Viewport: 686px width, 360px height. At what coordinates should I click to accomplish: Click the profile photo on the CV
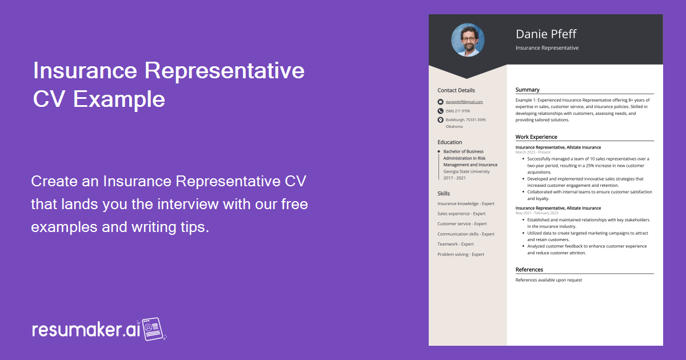click(x=468, y=40)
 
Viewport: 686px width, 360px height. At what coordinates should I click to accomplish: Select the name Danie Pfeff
click(x=546, y=34)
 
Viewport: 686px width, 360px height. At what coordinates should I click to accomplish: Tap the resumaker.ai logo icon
click(x=153, y=329)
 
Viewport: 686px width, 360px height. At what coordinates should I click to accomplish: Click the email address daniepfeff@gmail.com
click(x=464, y=102)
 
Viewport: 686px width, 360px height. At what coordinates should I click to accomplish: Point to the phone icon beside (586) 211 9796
click(x=440, y=111)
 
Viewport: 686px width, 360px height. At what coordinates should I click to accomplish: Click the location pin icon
click(x=440, y=120)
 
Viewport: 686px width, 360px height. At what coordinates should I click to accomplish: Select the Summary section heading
click(x=527, y=90)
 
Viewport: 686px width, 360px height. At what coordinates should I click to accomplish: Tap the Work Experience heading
click(x=536, y=137)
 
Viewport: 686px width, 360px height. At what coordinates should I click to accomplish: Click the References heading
click(x=529, y=270)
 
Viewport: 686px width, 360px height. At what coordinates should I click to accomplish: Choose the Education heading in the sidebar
click(x=450, y=142)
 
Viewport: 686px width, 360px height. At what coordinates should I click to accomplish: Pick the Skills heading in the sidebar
click(x=444, y=194)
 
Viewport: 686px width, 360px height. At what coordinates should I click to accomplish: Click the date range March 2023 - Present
click(x=533, y=153)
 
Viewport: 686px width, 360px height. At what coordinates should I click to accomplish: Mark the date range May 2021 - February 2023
click(x=537, y=213)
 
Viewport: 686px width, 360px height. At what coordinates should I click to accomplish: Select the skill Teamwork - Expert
click(x=456, y=244)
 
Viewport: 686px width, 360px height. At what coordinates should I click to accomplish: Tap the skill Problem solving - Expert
click(x=461, y=254)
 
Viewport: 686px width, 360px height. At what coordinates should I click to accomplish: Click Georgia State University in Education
click(x=466, y=171)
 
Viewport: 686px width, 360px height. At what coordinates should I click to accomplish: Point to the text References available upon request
click(x=548, y=280)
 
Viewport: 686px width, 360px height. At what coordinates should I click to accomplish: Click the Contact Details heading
click(x=456, y=90)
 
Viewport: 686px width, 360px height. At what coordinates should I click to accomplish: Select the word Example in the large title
click(x=119, y=99)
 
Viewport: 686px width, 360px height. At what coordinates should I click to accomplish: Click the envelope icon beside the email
click(x=440, y=102)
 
